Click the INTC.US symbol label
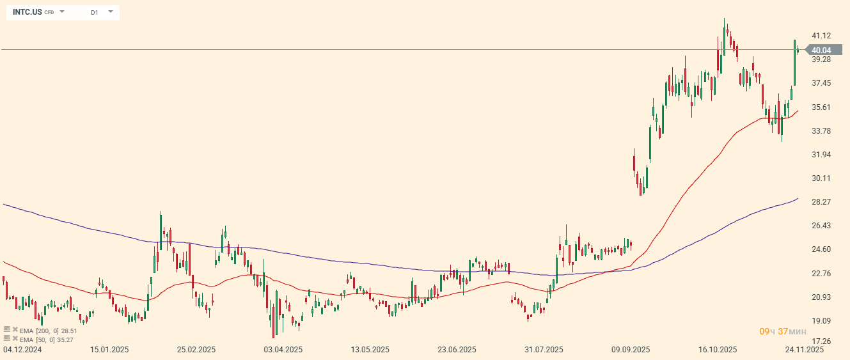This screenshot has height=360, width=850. (x=27, y=12)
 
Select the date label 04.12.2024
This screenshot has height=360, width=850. (x=22, y=350)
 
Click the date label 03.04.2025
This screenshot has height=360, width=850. (x=283, y=350)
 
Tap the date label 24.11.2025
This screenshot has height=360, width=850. (x=805, y=350)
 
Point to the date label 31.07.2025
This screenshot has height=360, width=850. (x=544, y=350)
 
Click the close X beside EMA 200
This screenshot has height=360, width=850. (x=15, y=331)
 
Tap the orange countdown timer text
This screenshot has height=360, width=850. (x=782, y=331)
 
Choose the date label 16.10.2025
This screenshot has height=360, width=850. (x=718, y=350)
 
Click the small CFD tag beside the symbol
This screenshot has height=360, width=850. (x=49, y=13)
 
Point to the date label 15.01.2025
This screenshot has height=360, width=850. (x=109, y=350)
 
